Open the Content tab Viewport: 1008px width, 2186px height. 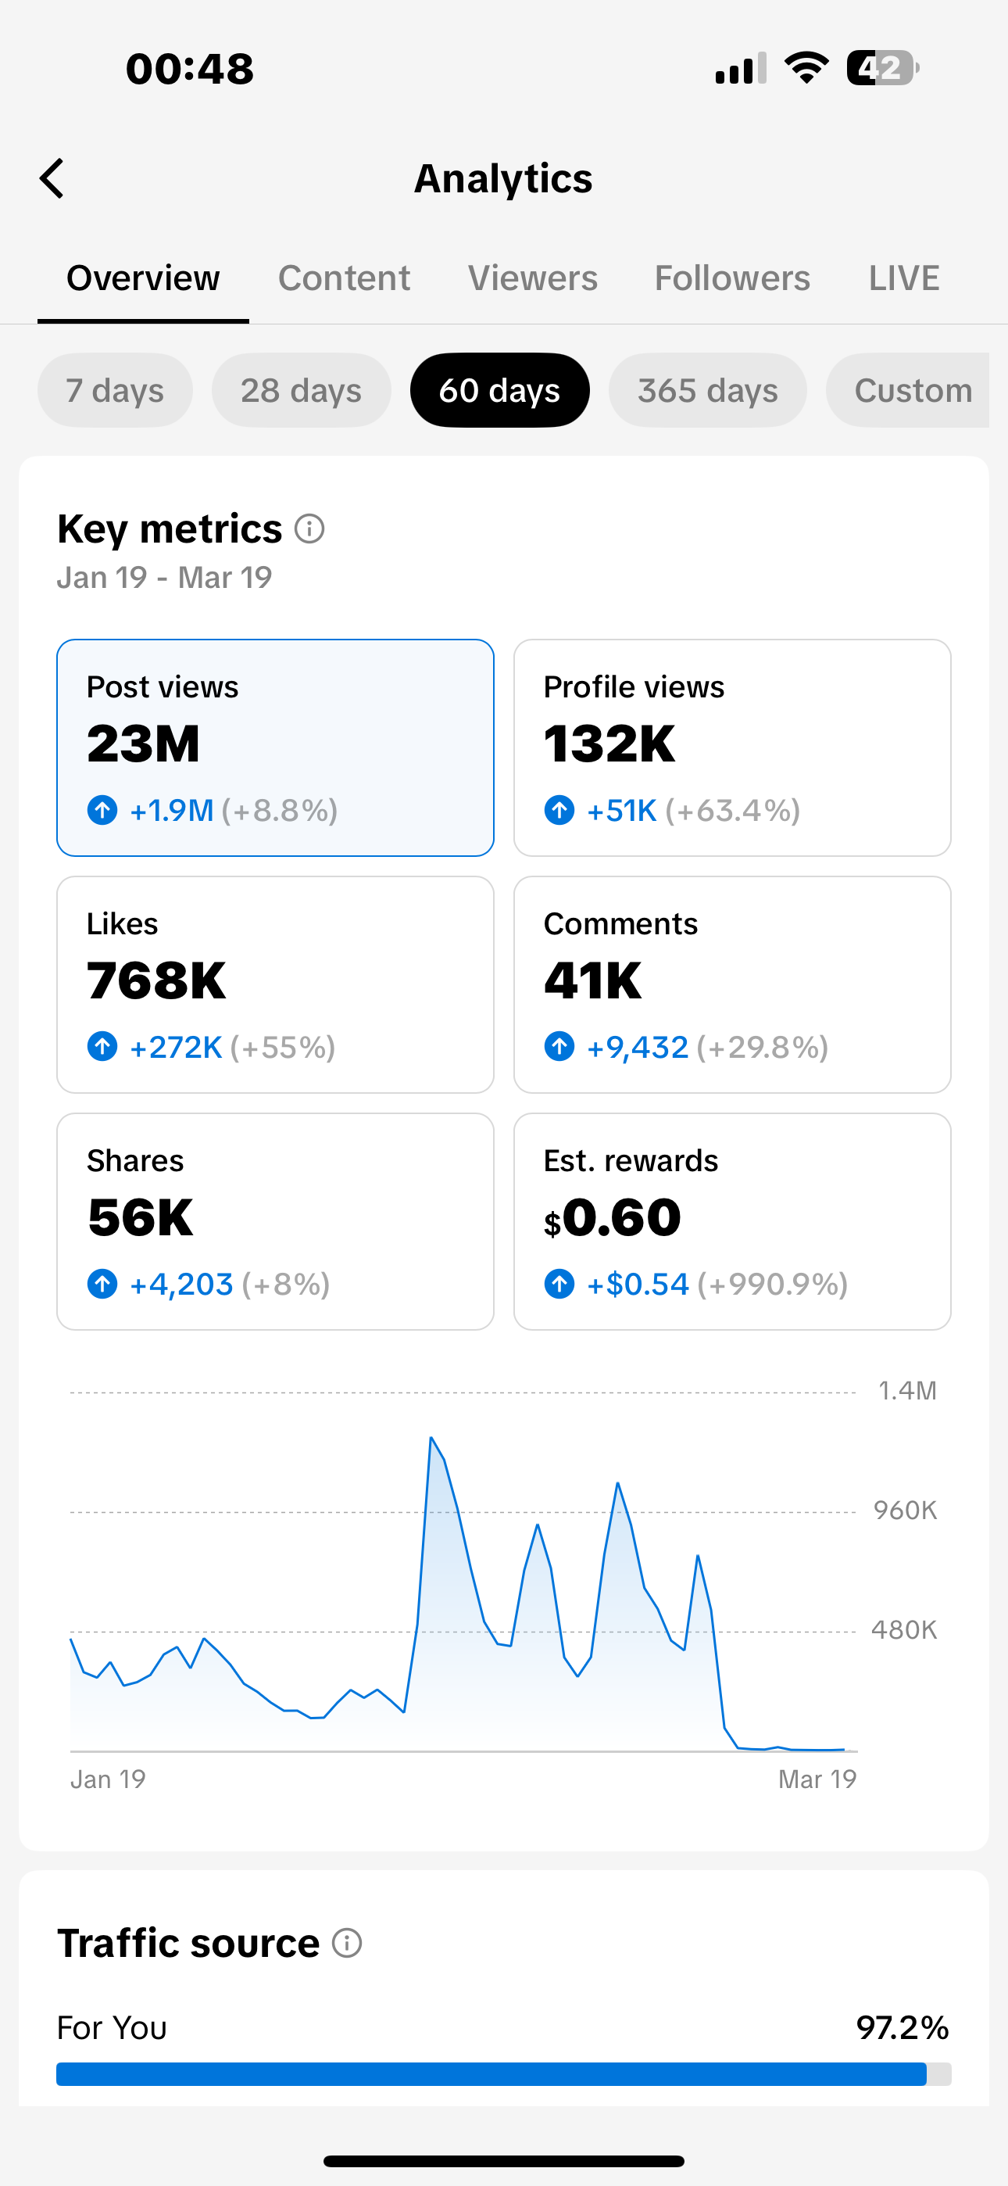coord(344,278)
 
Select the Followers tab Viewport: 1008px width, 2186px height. coord(731,278)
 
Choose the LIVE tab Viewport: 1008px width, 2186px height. coord(903,278)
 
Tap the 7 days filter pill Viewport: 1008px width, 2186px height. coord(115,390)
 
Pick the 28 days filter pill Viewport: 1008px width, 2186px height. coord(301,390)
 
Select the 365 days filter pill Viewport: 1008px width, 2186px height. coord(707,390)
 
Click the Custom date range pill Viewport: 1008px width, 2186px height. coord(912,390)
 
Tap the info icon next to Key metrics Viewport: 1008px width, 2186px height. coord(309,529)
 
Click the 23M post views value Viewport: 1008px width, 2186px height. coord(144,744)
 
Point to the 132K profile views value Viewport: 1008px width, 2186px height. coord(609,744)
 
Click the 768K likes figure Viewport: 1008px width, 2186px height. coord(156,981)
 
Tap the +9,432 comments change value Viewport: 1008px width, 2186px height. coord(637,1048)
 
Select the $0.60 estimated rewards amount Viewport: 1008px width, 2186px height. coord(613,1218)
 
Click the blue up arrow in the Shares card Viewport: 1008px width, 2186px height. coord(102,1284)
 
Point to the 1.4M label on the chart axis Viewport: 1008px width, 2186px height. coord(907,1391)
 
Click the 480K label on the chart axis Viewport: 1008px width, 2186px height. coord(903,1630)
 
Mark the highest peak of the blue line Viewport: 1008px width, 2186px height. coord(431,1438)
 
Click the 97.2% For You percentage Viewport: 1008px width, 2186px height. coord(902,2028)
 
